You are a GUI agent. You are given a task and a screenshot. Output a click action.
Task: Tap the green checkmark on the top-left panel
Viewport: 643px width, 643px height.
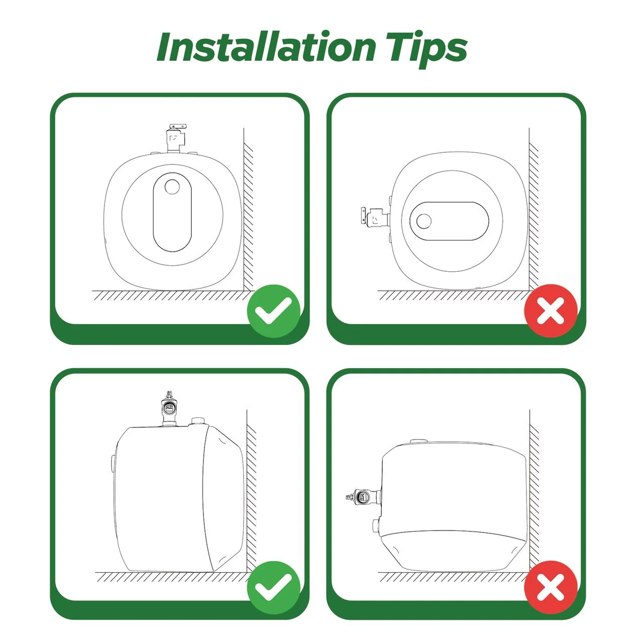click(273, 311)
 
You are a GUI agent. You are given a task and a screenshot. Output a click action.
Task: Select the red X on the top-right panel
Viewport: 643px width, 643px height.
click(551, 311)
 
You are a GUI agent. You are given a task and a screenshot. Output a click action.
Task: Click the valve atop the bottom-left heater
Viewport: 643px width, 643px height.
click(169, 409)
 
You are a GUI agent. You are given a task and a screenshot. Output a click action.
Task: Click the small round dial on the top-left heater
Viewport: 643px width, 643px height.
click(172, 187)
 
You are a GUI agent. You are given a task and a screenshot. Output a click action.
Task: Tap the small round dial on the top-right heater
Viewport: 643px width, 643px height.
click(424, 221)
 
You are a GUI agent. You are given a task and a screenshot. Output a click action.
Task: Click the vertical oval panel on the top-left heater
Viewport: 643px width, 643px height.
click(172, 212)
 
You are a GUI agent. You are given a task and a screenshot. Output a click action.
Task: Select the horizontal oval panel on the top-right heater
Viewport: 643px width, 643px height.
click(449, 221)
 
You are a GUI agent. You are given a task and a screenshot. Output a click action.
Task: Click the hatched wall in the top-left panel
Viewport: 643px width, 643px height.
click(248, 217)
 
